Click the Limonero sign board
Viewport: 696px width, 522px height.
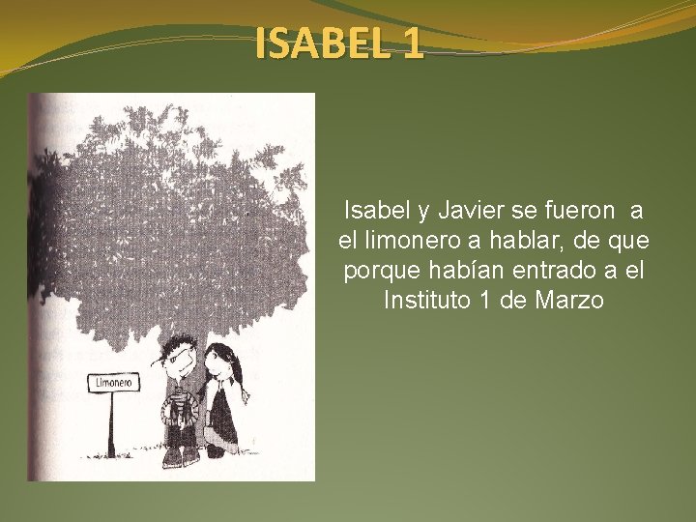[x=113, y=383]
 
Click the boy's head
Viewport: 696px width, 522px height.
[x=179, y=358]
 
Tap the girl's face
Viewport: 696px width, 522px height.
[x=221, y=366]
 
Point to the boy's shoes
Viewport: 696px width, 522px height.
[x=178, y=458]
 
